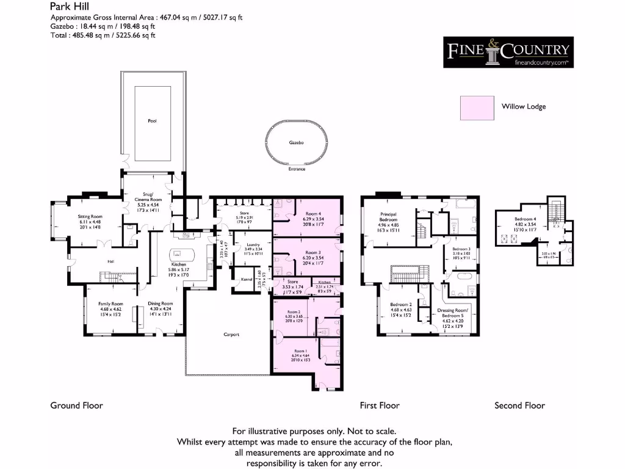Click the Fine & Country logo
click(x=508, y=51)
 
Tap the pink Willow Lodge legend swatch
click(x=477, y=107)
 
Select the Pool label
click(x=152, y=121)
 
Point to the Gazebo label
click(x=297, y=142)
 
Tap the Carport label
click(x=231, y=335)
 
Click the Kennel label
click(x=247, y=279)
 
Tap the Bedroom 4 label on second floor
click(x=526, y=219)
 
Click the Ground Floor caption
click(x=76, y=405)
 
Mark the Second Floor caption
click(x=519, y=405)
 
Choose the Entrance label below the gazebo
click(x=297, y=169)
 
